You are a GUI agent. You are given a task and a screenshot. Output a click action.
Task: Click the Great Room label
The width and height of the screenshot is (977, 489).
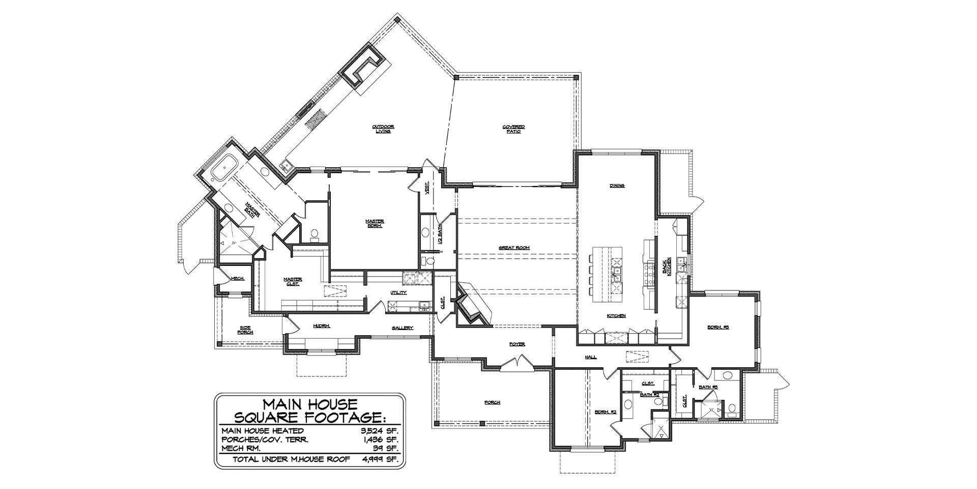[x=514, y=248]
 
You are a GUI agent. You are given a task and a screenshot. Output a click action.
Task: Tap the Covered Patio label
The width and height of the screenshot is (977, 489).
[x=514, y=129]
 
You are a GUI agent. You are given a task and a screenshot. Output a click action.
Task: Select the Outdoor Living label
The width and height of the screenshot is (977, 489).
[x=383, y=129]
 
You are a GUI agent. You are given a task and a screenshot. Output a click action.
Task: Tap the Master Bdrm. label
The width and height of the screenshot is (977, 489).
[x=375, y=223]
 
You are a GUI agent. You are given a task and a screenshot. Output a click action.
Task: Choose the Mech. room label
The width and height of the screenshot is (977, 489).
[x=238, y=279]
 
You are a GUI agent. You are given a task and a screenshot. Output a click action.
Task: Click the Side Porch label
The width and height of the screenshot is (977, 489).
[x=245, y=330]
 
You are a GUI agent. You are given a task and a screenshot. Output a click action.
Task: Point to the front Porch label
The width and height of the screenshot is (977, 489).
[x=492, y=402]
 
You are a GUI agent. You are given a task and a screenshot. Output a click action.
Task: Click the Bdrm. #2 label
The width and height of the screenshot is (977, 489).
[x=606, y=412]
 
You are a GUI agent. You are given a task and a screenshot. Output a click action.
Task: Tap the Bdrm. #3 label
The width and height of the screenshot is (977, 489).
[x=718, y=328]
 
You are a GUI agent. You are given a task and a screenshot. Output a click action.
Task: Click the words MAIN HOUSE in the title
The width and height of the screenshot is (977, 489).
[x=310, y=404]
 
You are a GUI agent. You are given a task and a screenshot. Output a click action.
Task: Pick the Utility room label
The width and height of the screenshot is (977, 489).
[x=398, y=293]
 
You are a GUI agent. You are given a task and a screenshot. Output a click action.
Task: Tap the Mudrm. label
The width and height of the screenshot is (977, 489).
[x=322, y=326]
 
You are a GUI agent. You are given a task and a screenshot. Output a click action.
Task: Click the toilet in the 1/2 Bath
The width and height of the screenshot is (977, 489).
[x=429, y=262]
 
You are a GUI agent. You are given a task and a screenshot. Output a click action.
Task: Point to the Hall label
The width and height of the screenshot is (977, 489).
[x=590, y=358]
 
